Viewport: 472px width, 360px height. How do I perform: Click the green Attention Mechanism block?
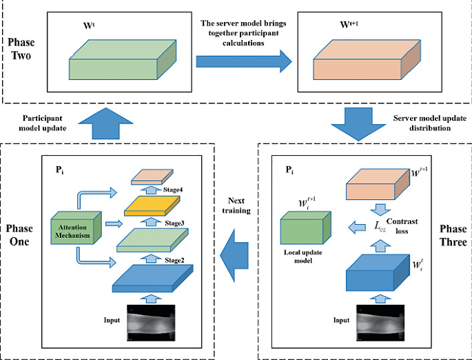coord(76,230)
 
